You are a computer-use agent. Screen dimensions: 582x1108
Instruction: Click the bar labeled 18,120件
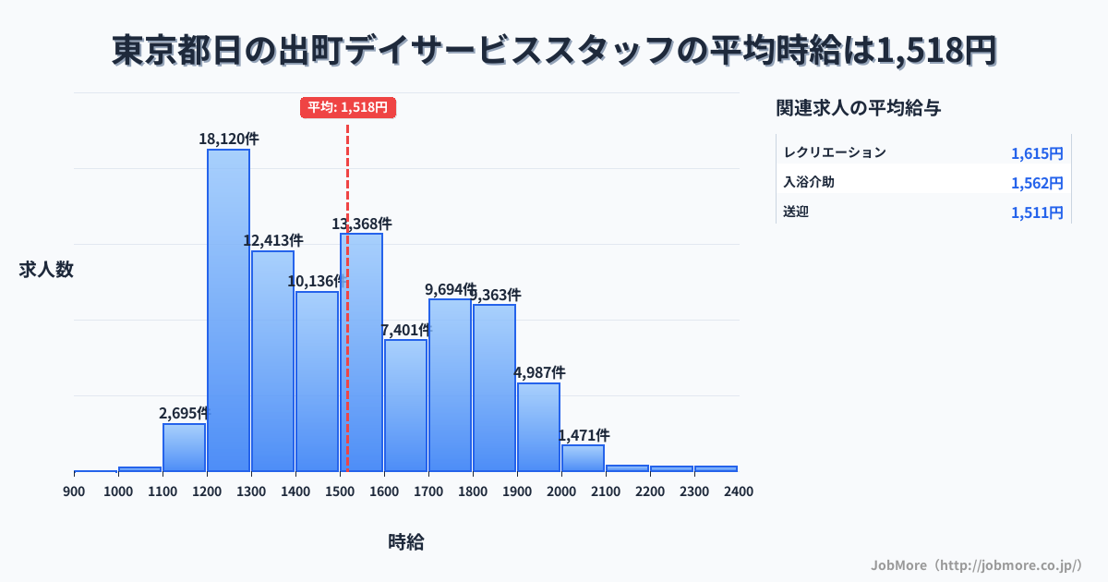click(x=228, y=309)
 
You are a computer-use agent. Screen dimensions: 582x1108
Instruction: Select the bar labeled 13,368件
click(x=361, y=352)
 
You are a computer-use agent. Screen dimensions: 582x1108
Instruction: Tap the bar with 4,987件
click(x=538, y=427)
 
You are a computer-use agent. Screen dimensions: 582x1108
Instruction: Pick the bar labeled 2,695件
click(x=184, y=447)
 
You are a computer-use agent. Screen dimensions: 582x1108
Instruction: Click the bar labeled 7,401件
click(x=405, y=406)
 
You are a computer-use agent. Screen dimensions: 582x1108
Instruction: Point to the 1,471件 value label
click(x=584, y=435)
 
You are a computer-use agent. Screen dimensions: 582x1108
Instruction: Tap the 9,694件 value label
click(x=450, y=289)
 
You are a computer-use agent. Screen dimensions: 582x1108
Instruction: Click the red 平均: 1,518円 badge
click(x=348, y=107)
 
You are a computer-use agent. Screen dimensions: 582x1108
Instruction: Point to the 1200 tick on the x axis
click(x=207, y=491)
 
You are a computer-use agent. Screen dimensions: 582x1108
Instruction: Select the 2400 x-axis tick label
click(x=738, y=491)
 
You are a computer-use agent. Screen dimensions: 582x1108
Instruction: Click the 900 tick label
click(x=74, y=491)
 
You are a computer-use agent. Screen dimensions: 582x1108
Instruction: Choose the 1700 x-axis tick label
click(x=428, y=491)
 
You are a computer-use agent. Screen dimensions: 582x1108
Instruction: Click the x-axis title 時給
click(x=406, y=542)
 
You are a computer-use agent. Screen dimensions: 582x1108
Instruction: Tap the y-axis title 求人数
click(x=46, y=270)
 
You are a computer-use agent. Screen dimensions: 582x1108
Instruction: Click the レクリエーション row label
click(x=835, y=152)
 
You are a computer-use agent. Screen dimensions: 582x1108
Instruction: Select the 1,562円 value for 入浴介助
click(x=1037, y=183)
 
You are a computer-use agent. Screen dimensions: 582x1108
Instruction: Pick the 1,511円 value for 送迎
click(x=1037, y=212)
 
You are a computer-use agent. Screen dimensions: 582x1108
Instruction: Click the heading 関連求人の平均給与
click(x=859, y=108)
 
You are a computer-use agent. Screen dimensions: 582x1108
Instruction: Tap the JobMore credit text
click(x=976, y=564)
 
